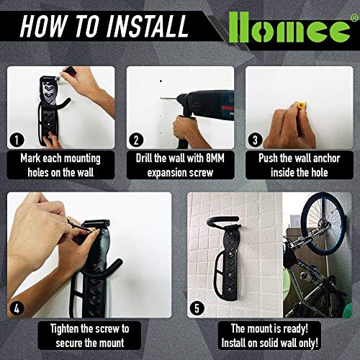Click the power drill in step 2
205,104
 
